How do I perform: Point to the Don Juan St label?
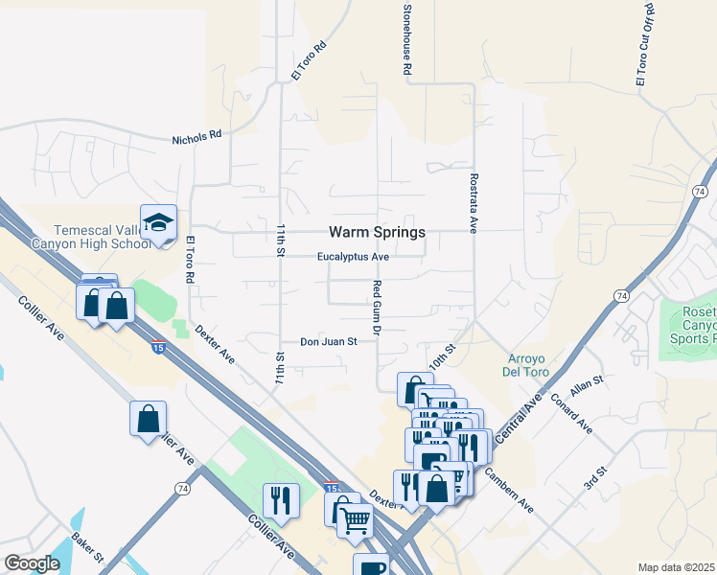click(x=328, y=341)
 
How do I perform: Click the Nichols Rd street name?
click(x=197, y=138)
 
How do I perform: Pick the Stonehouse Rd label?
click(x=406, y=38)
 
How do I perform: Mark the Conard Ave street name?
click(x=572, y=412)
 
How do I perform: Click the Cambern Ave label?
click(x=508, y=488)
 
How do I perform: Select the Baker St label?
click(x=87, y=547)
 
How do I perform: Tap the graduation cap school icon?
click(x=159, y=223)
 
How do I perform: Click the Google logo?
click(x=32, y=563)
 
